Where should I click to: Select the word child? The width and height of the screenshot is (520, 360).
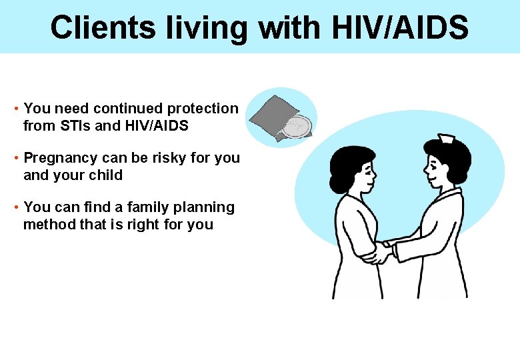(x=106, y=175)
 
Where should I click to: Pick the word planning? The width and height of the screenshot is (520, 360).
(x=200, y=207)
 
